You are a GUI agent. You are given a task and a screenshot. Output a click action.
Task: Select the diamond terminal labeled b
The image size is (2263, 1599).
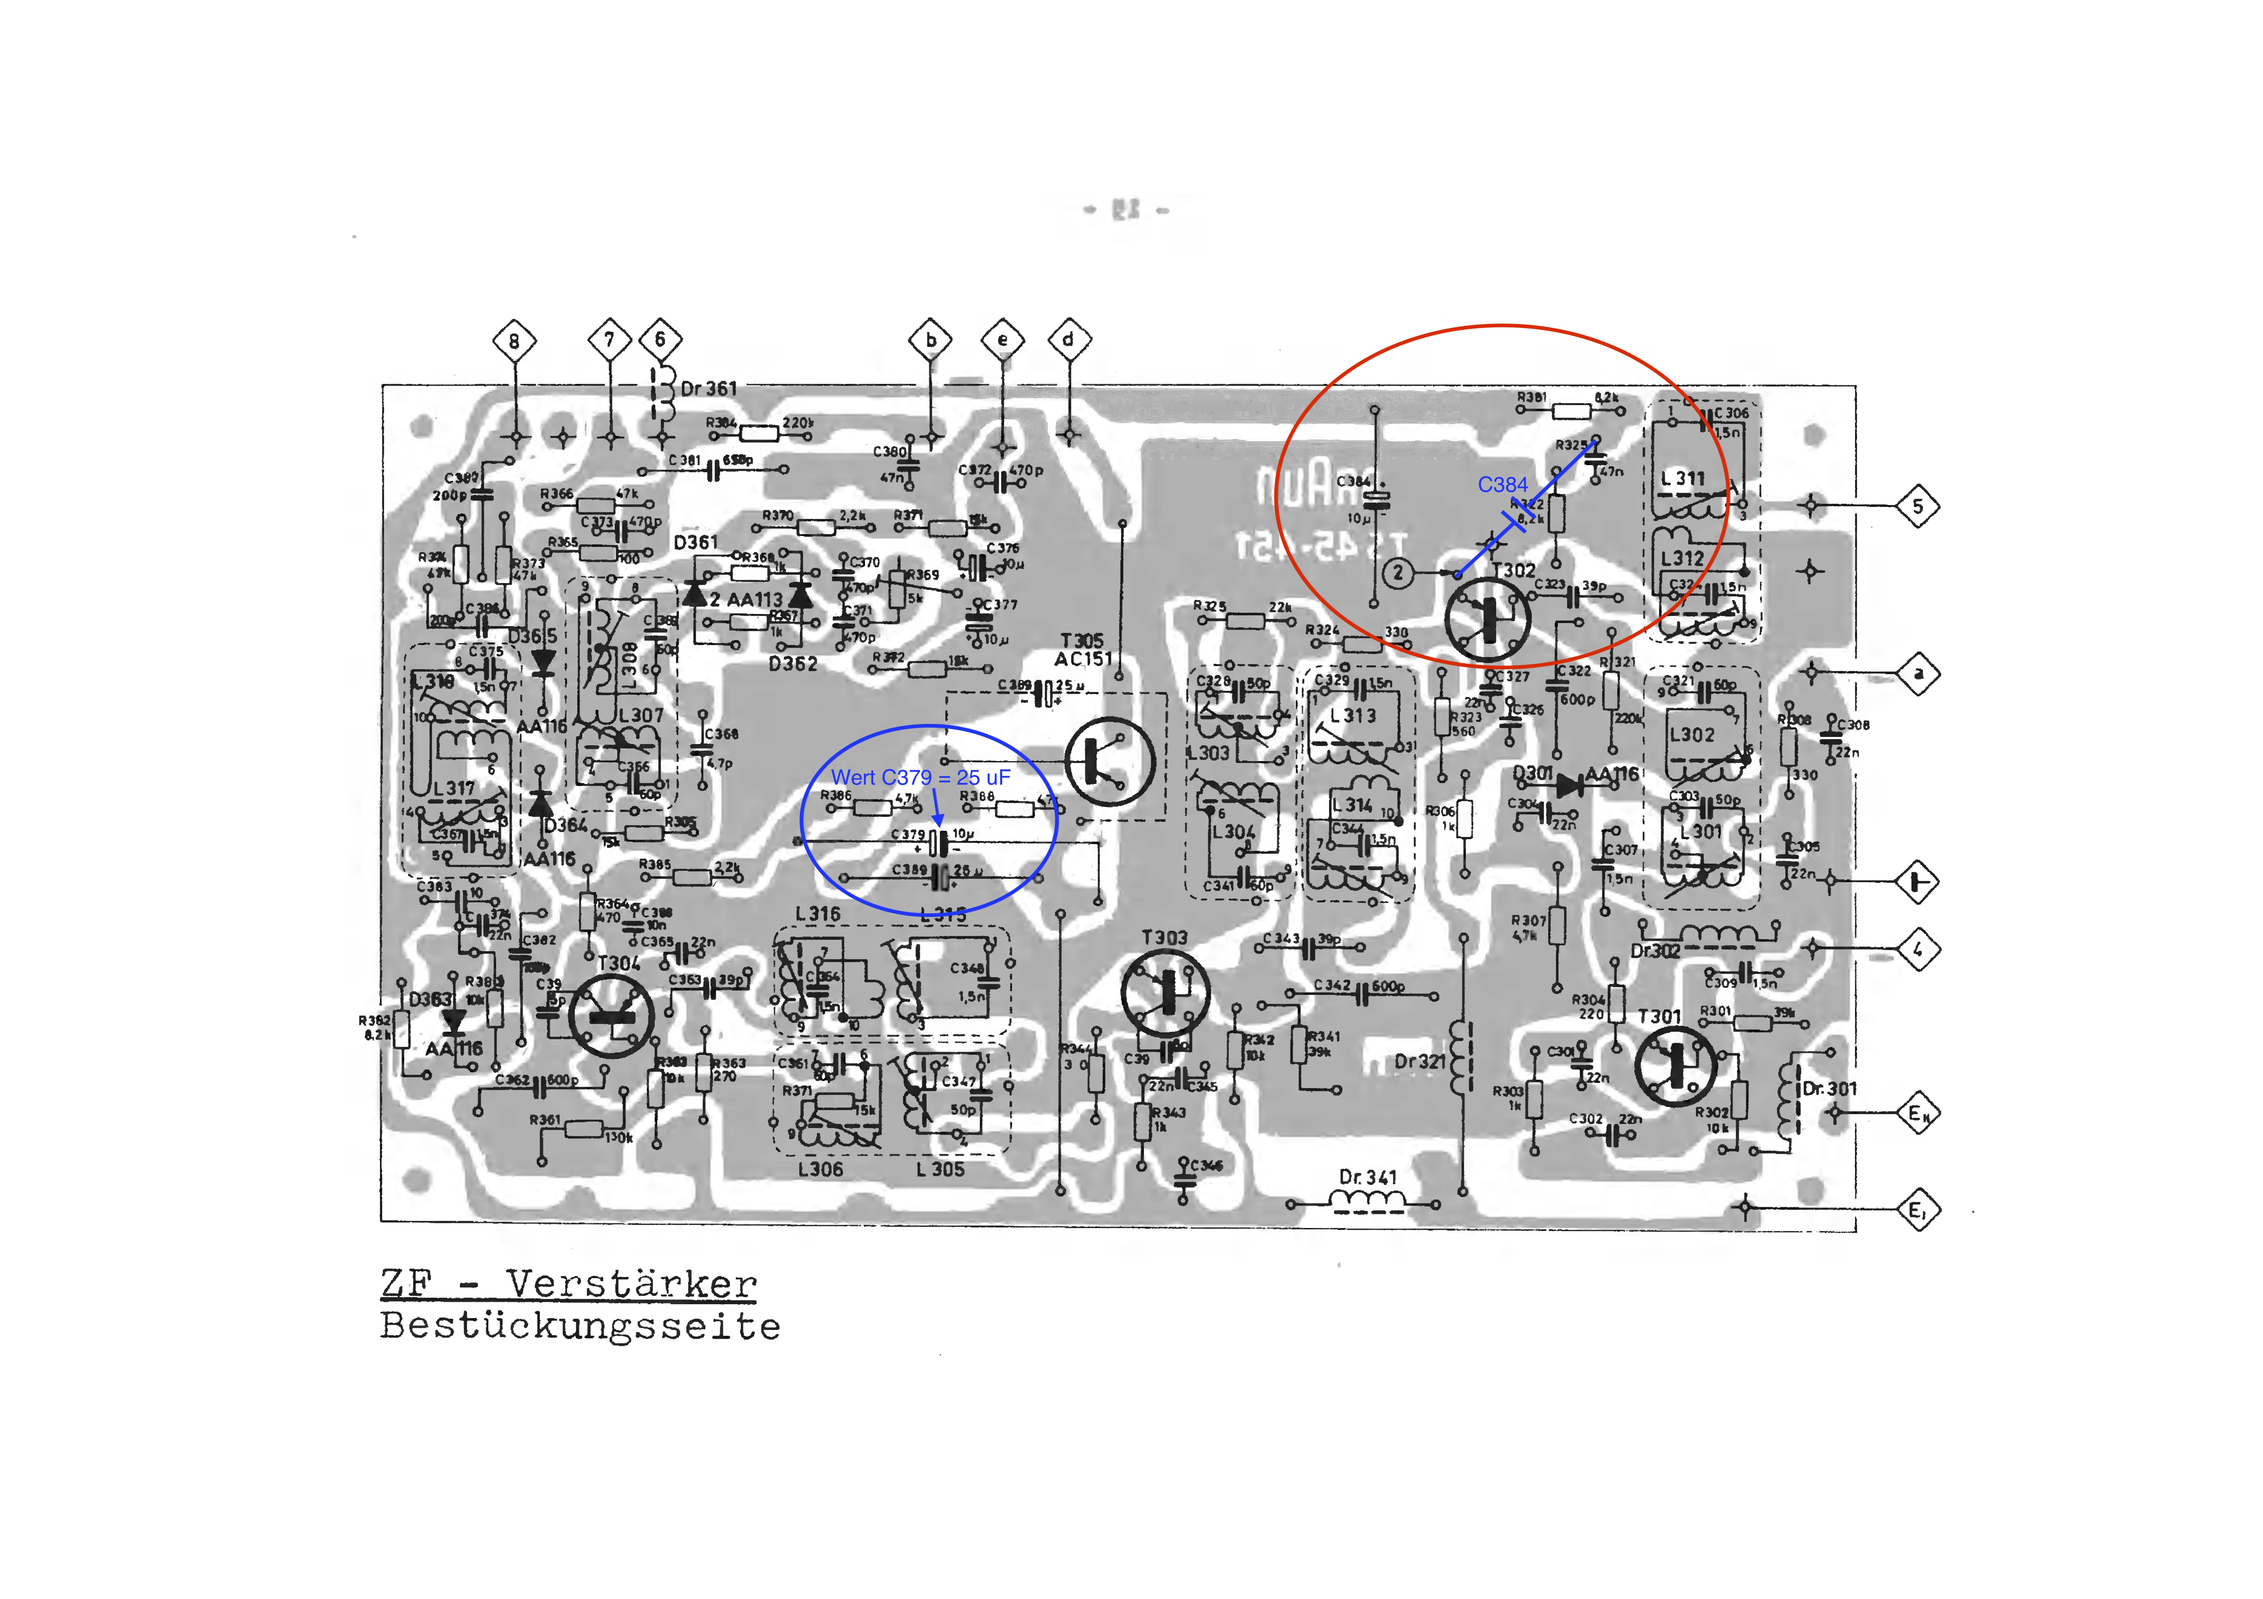[931, 341]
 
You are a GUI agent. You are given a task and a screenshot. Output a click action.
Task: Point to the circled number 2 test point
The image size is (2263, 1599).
[1398, 572]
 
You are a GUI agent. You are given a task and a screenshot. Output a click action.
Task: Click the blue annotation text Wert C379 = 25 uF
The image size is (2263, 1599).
[921, 777]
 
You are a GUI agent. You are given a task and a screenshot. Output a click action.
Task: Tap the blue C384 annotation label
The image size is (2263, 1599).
[1502, 485]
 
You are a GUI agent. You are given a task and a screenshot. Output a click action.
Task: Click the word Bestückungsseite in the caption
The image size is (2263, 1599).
[581, 1326]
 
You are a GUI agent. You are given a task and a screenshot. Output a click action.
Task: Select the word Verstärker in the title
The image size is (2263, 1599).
[632, 1284]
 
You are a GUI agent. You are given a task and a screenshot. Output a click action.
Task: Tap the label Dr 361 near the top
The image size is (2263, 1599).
[709, 388]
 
